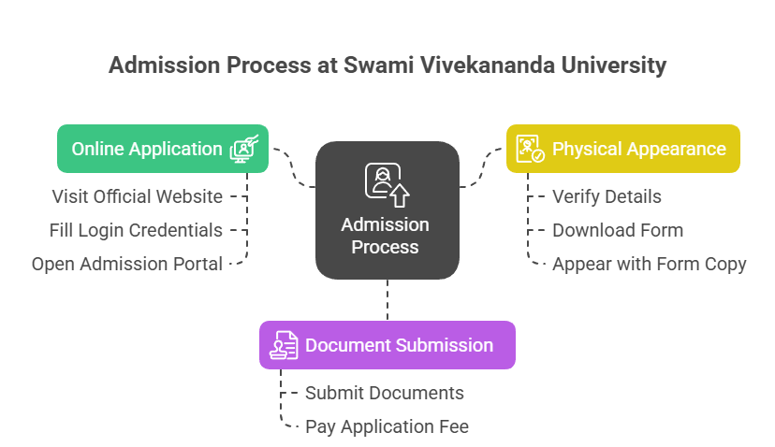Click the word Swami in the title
378,65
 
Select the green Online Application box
163,149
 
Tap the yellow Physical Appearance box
623,149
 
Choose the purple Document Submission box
387,345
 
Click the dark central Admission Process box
387,210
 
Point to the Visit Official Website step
138,196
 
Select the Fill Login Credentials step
136,231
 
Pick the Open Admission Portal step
127,265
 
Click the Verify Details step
607,196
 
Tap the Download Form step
618,230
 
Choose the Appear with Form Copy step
649,265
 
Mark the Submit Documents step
385,393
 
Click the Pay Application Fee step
387,426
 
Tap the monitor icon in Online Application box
244,150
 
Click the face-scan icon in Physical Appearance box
530,149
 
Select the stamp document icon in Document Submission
284,345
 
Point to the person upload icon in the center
387,185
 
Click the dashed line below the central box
387,300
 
